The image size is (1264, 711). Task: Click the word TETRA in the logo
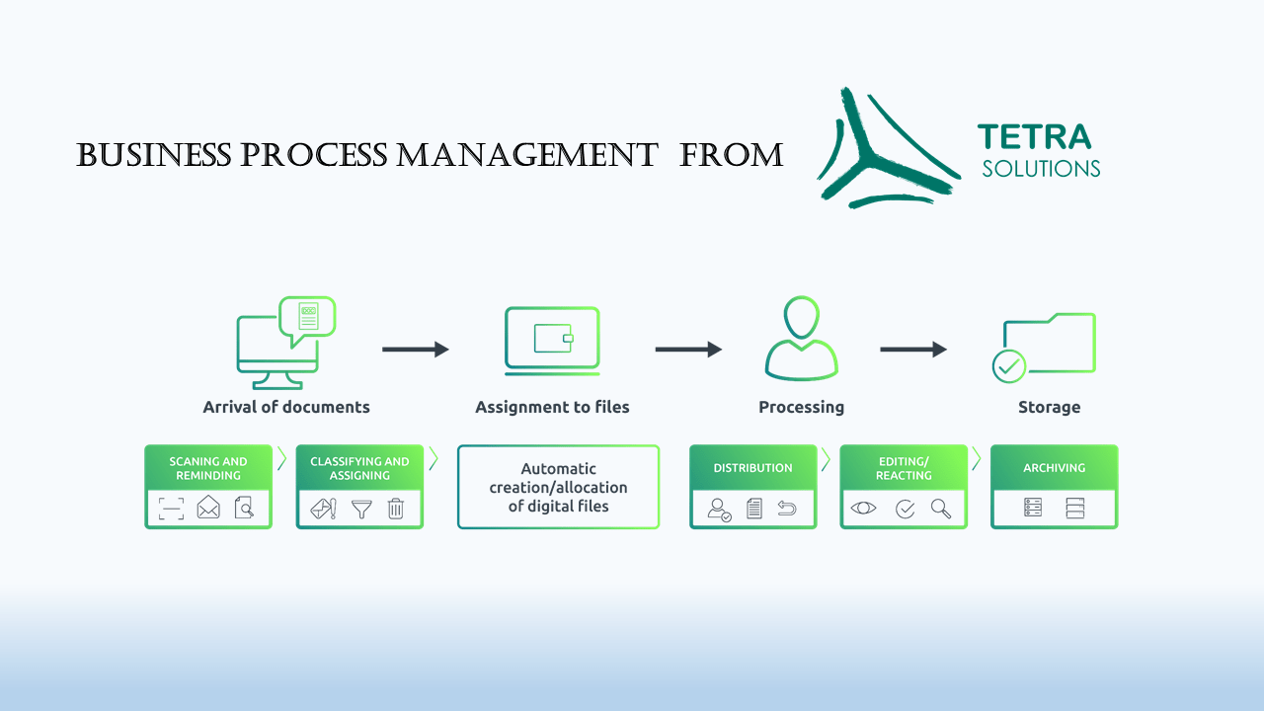[x=1034, y=137]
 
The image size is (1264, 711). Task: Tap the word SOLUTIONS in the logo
[x=1041, y=169]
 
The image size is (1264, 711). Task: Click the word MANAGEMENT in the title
[x=527, y=155]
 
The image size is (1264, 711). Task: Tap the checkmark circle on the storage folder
[x=1009, y=366]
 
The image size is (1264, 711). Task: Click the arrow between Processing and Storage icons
[x=913, y=350]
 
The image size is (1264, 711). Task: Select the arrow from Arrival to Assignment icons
[x=416, y=350]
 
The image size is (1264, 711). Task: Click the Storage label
[x=1049, y=408]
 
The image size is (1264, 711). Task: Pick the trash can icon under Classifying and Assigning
[x=396, y=509]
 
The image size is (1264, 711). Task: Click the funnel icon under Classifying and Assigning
[x=361, y=509]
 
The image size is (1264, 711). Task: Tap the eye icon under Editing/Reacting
[x=863, y=508]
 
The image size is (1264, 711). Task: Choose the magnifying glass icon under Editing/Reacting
[x=941, y=509]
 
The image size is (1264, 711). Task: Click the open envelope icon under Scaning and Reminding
[x=208, y=507]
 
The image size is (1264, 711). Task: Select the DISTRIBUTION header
[x=752, y=468]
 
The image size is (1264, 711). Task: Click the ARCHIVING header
[x=1054, y=468]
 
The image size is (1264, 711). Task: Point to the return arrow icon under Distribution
[x=787, y=509]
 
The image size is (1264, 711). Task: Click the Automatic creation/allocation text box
[x=558, y=487]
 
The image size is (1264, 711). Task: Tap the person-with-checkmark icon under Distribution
[x=719, y=510]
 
